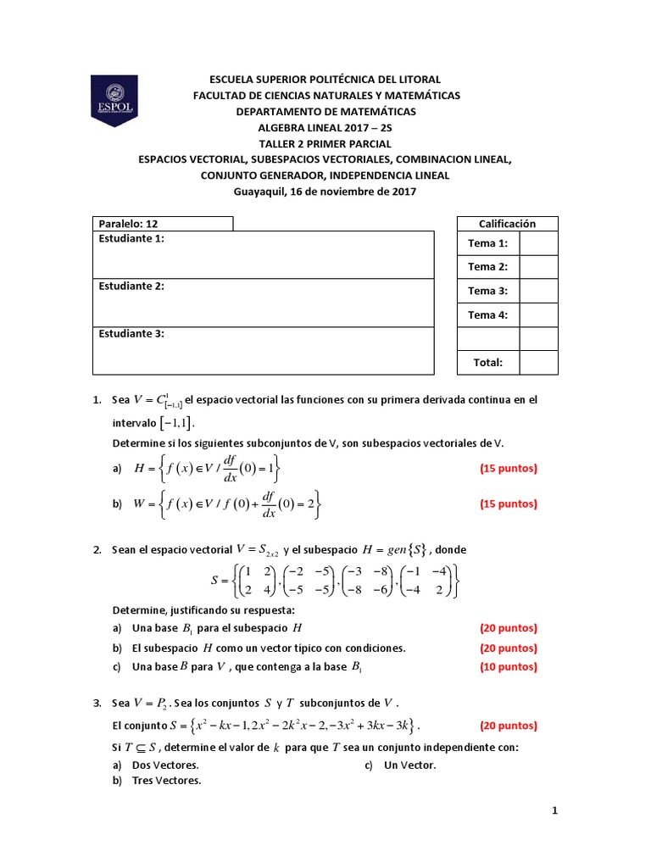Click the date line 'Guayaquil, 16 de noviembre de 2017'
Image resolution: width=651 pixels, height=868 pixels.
pos(325,192)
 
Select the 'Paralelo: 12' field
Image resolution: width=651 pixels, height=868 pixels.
pos(163,224)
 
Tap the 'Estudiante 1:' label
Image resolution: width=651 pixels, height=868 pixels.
pos(131,239)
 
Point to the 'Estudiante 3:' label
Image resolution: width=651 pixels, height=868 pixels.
pos(131,334)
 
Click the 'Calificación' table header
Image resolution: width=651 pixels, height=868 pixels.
pos(507,224)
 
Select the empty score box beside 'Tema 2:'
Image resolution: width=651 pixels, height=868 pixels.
pos(538,267)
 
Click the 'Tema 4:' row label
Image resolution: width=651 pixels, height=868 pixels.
pos(487,314)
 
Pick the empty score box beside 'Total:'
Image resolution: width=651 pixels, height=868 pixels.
pos(538,362)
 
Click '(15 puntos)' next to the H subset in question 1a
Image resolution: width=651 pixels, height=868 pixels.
pos(509,468)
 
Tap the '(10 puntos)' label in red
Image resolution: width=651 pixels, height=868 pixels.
pos(509,666)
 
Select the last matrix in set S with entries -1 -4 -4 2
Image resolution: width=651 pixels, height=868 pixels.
pos(430,581)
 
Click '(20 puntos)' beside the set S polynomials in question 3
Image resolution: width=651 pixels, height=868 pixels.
pos(509,726)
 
